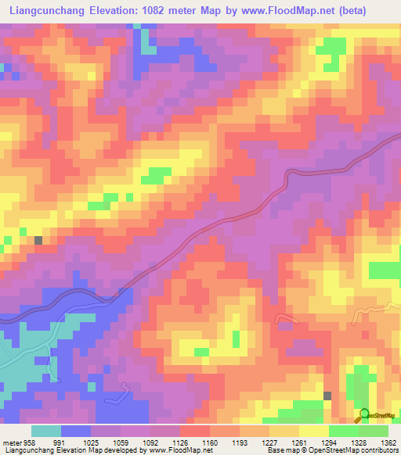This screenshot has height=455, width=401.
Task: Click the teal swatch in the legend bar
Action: [x=46, y=431]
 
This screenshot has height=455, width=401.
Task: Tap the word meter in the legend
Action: [x=12, y=442]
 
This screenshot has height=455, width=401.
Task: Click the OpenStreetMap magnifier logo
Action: [x=364, y=415]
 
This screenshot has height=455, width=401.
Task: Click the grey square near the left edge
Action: [x=38, y=240]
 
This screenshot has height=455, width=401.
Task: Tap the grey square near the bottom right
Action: [x=327, y=396]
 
